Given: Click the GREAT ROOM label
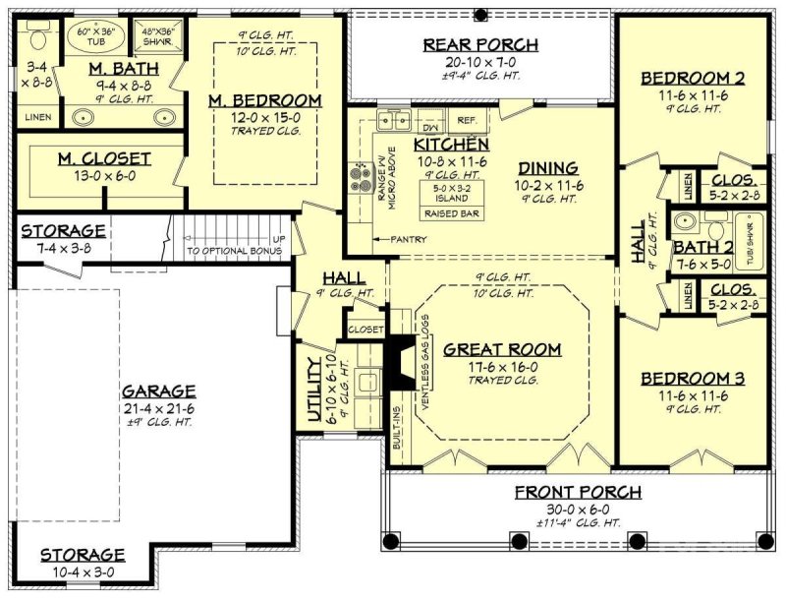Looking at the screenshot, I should [x=502, y=349].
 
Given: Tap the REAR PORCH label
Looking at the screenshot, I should [x=480, y=44].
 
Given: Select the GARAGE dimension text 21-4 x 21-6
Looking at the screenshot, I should [x=157, y=407].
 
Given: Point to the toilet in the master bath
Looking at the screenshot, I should [x=38, y=40].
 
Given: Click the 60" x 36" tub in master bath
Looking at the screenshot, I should [x=95, y=40].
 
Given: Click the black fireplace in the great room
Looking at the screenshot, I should [x=400, y=361].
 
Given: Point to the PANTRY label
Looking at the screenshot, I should [x=407, y=239].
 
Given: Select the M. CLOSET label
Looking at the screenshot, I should [x=104, y=158].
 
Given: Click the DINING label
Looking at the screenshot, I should [x=549, y=168].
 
